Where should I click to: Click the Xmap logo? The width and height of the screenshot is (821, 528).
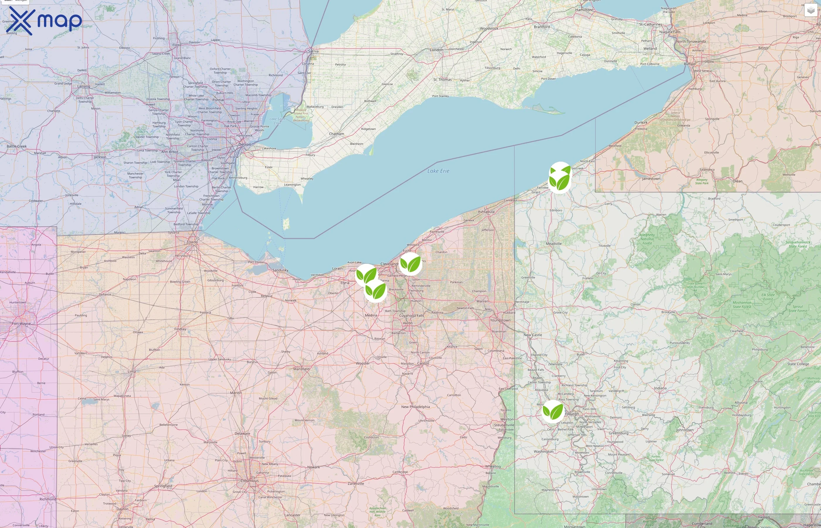pyautogui.click(x=44, y=21)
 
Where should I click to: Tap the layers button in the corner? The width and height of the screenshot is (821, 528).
pyautogui.click(x=811, y=10)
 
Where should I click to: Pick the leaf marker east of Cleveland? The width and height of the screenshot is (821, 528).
pyautogui.click(x=410, y=264)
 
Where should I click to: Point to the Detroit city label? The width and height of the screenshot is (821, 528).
pyautogui.click(x=244, y=144)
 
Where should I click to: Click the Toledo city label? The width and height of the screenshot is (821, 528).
pyautogui.click(x=192, y=242)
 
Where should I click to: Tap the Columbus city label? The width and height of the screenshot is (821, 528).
pyautogui.click(x=250, y=481)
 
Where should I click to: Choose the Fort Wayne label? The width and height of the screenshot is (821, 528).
pyautogui.click(x=21, y=324)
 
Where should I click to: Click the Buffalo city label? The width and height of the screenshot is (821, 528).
pyautogui.click(x=689, y=64)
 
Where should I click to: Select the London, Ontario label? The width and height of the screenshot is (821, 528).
pyautogui.click(x=436, y=50)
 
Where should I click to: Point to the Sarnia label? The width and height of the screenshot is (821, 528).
pyautogui.click(x=313, y=51)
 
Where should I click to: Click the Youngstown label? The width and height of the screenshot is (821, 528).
pyautogui.click(x=500, y=320)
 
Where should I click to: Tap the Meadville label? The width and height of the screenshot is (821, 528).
pyautogui.click(x=553, y=244)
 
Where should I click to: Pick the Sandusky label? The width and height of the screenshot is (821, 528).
pyautogui.click(x=280, y=270)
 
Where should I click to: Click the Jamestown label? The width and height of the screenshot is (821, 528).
pyautogui.click(x=651, y=179)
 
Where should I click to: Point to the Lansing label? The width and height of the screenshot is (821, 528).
pyautogui.click(x=84, y=87)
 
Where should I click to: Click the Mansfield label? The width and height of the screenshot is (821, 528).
pyautogui.click(x=301, y=369)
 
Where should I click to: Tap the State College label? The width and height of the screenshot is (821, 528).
pyautogui.click(x=798, y=364)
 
